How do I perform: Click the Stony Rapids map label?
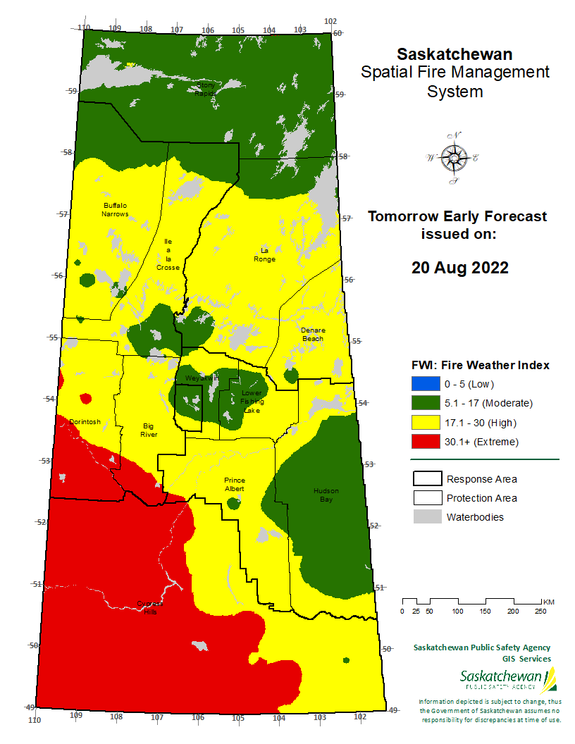point(205,89)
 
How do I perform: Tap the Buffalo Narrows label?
point(114,209)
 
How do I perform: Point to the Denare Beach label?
point(312,334)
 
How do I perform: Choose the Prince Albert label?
point(234,483)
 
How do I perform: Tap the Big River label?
point(149,430)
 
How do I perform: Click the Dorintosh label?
point(85,421)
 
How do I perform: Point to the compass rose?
point(452,159)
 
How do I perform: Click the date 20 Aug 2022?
point(459,268)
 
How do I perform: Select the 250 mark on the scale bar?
point(540,611)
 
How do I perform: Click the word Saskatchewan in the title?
point(455,54)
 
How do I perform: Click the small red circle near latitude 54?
point(86,399)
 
